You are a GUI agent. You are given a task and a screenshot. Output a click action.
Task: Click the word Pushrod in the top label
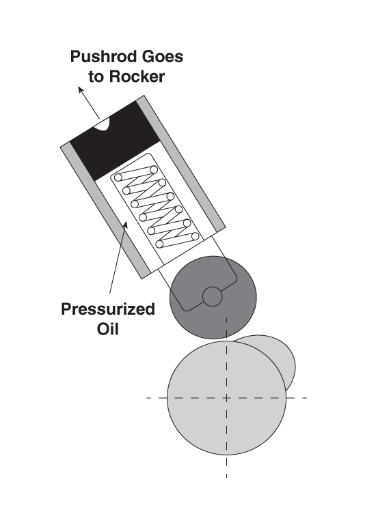98,57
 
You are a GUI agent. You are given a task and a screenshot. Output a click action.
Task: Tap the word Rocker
137,76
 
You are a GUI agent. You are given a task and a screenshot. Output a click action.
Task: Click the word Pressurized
108,309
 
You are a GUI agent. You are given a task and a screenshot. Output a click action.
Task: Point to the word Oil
107,328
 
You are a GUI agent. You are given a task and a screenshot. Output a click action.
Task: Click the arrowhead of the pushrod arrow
81,89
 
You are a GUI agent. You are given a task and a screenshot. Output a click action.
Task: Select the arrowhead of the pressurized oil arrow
125,225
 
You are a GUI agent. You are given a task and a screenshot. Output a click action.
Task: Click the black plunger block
115,141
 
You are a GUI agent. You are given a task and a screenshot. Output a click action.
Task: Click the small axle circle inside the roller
212,296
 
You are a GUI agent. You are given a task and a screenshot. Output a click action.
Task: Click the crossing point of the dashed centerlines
226,398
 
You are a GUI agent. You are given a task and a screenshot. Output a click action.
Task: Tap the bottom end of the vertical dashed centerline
226,477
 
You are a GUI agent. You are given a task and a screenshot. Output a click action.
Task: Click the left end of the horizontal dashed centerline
147,398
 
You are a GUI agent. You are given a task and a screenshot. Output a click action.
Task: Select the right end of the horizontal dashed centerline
306,398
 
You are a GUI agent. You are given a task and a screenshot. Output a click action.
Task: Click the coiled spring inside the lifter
157,207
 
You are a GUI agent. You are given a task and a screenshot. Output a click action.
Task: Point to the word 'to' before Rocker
96,76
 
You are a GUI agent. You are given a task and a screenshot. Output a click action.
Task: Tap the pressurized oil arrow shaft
118,258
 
